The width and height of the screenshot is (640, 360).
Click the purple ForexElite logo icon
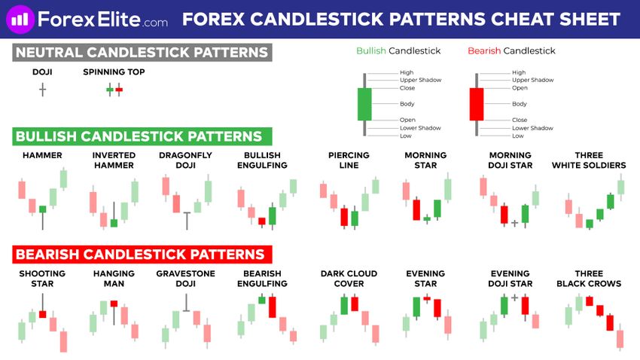tap(20, 19)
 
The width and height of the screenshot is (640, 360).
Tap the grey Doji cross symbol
tap(42, 90)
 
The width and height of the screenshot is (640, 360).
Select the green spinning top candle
tap(110, 90)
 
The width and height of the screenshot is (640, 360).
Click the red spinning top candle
tap(119, 90)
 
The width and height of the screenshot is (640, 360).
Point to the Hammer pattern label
tap(42, 155)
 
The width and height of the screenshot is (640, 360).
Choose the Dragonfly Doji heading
tap(185, 160)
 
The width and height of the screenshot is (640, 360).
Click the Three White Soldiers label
tap(589, 160)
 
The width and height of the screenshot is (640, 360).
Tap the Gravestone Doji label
tap(185, 279)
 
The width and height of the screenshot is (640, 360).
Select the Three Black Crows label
tap(589, 279)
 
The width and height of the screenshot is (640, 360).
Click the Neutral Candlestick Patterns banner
tap(142, 53)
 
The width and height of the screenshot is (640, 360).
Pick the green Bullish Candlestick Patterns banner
tap(142, 136)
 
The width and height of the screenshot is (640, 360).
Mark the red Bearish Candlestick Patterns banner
tap(142, 255)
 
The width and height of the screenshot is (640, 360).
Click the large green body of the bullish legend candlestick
tap(364, 104)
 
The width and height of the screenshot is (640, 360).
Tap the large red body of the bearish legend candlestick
tap(477, 104)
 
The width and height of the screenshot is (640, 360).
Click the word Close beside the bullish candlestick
tap(407, 88)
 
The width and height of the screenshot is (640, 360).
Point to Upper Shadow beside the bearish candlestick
tap(532, 80)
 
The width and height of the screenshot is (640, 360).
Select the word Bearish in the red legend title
tap(484, 50)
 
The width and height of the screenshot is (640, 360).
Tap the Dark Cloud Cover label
tap(349, 279)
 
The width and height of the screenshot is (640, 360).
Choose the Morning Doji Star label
tap(510, 160)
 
